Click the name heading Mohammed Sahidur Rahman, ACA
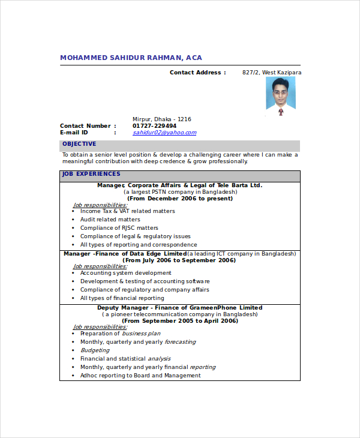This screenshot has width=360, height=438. pyautogui.click(x=131, y=58)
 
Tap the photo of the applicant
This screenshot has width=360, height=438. pyautogui.click(x=281, y=96)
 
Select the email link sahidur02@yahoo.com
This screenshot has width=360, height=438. pyautogui.click(x=164, y=133)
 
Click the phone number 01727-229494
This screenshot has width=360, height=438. pyautogui.click(x=154, y=126)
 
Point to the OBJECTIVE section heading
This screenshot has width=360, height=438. pyautogui.click(x=79, y=144)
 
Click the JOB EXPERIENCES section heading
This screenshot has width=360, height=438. pyautogui.click(x=91, y=174)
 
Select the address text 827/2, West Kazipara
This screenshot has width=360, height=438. pyautogui.click(x=272, y=73)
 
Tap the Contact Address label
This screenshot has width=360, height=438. pyautogui.click(x=197, y=73)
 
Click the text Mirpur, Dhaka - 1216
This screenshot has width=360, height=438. pyautogui.click(x=161, y=119)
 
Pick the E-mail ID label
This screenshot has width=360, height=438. pyautogui.click(x=74, y=133)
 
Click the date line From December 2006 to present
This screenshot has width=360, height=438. pyautogui.click(x=180, y=198)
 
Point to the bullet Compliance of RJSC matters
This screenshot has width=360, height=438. pyautogui.click(x=119, y=228)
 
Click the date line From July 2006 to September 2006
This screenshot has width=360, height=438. pyautogui.click(x=179, y=260)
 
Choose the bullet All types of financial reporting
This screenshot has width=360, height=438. pyautogui.click(x=122, y=298)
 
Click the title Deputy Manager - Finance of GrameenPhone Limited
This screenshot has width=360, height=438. pyautogui.click(x=180, y=308)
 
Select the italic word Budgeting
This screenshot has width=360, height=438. pyautogui.click(x=95, y=350)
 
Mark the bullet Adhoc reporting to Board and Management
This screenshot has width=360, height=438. pyautogui.click(x=140, y=376)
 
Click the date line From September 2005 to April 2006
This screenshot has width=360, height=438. pyautogui.click(x=180, y=320)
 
